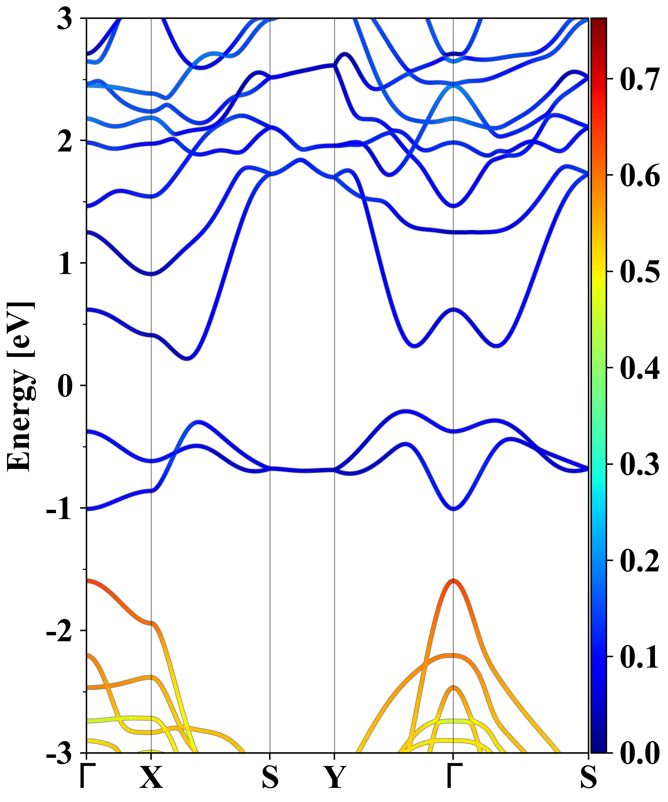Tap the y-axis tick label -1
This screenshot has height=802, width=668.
pos(59,509)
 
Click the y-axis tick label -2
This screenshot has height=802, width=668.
pos(59,631)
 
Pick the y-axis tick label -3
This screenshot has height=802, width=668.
pos(59,753)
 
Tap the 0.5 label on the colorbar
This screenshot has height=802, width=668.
pos(640,272)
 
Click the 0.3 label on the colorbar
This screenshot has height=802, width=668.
pos(640,464)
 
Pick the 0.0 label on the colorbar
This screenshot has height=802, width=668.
pos(640,753)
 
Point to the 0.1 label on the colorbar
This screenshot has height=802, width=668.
pos(640,657)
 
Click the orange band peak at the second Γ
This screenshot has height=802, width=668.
pos(453,581)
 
